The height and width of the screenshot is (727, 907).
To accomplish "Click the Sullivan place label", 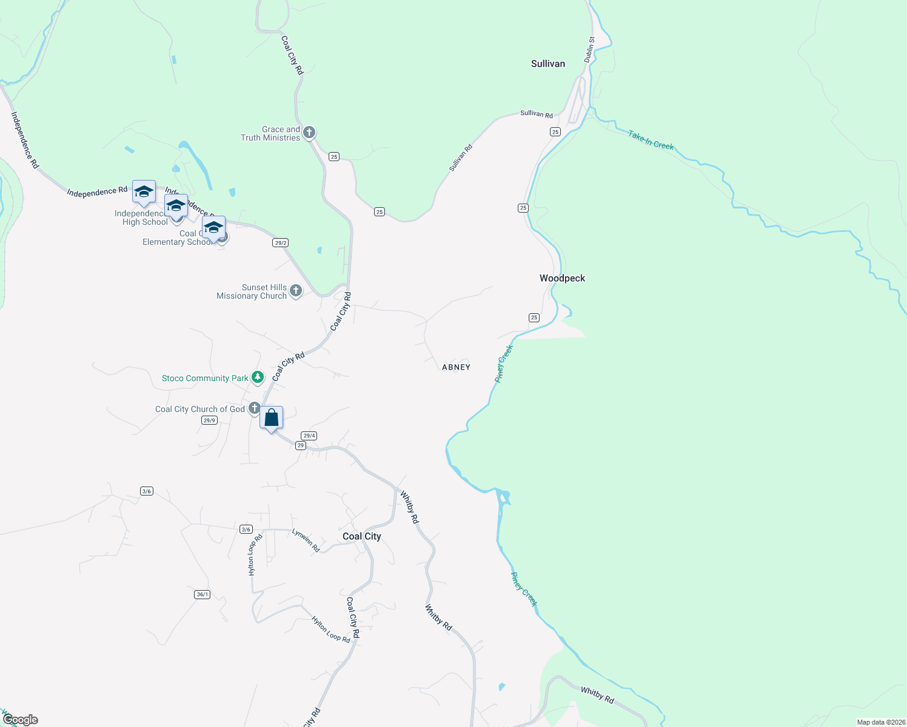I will pos(547,64).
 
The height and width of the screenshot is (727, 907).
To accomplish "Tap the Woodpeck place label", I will pos(562,278).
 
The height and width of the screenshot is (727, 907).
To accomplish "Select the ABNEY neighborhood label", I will pos(456,367).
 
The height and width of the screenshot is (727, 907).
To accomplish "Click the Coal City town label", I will pos(361,536).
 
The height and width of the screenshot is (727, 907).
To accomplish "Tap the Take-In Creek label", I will pos(651,141).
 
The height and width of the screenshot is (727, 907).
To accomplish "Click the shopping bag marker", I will pos(271,417).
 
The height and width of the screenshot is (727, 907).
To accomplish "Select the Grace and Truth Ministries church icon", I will pos(309,132).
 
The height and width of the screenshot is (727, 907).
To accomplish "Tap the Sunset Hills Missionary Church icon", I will pos(296,291).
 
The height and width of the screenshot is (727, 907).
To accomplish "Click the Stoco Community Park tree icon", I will pos(258,377).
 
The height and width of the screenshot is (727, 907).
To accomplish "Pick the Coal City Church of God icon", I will pos(254,408).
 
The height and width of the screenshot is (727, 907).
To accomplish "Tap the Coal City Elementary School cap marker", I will pos(213,228).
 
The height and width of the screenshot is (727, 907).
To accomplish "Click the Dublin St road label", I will pos(590,49).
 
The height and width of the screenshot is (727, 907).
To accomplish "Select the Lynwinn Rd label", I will pos(306,540).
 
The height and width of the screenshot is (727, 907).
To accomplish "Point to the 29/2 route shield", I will pos(280,242).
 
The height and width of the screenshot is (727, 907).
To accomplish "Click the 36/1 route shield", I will pos(202,594).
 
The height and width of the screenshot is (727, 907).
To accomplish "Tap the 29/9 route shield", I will pos(209,420).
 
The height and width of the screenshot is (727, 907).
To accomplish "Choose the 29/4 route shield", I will pos(309,436).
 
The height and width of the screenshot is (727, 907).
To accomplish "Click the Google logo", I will pos(20,720).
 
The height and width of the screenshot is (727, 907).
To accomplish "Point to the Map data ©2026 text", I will pos(880,722).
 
